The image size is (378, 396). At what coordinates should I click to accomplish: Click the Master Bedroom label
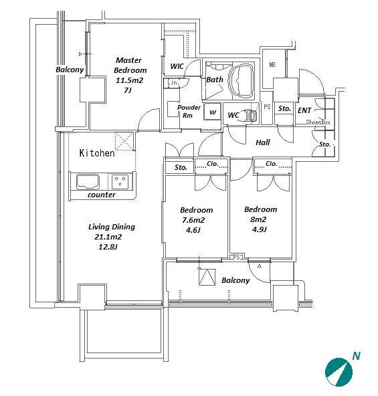pos(130,65)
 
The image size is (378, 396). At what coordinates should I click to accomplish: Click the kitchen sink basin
pos(88,181)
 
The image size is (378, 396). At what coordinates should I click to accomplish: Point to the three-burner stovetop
pos(120,181)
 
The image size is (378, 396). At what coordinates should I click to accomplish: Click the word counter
pos(102,195)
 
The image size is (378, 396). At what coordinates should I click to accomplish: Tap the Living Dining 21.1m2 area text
pos(112,232)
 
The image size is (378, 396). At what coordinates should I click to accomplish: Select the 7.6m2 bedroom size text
pos(193,220)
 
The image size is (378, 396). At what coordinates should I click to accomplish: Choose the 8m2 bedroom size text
pos(258,219)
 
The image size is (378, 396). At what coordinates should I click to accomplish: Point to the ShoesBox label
pos(318,122)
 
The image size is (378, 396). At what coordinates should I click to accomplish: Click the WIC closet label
pos(177,66)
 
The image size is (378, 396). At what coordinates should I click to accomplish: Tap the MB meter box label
pos(272,65)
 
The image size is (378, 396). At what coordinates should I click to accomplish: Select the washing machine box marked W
pos(213,111)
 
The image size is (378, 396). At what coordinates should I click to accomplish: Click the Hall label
pos(263,142)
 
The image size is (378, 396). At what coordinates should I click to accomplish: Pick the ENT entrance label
pos(304,110)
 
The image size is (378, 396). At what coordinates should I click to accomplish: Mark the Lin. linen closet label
pos(173,82)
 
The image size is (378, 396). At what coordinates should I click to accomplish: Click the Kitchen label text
pos(97,153)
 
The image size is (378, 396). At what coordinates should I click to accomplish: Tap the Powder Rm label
pos(189,111)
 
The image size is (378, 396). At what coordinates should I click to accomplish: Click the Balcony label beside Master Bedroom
pos(70,70)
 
